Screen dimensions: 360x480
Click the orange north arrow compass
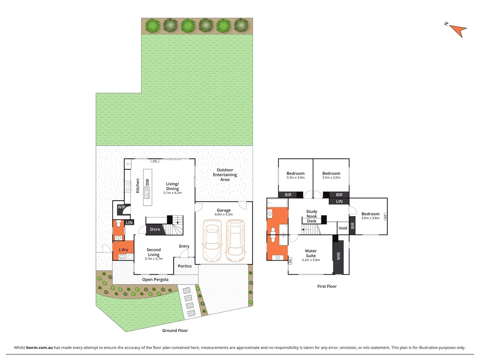coord(459,30)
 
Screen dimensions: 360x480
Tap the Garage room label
coord(224,210)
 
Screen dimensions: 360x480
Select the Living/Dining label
coord(172,186)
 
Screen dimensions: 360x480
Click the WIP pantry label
coord(121,207)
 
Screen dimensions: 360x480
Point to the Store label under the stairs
coord(155,229)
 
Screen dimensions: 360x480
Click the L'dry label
coord(123,250)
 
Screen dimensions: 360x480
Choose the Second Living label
coord(154,252)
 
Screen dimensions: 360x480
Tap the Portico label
coord(185,266)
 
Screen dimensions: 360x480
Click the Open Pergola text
coord(155,279)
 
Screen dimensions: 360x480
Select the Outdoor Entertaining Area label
coord(225,175)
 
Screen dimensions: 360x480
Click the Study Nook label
coord(312,214)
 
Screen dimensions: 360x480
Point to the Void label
coord(343,228)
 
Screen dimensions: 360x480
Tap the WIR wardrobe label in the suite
coord(339,256)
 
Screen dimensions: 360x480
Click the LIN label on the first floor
coord(339,201)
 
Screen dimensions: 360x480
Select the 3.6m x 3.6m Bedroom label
coord(370,214)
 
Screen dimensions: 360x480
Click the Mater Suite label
coord(311,253)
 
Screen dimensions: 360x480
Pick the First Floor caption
coord(327,286)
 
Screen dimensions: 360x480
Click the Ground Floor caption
coord(175,331)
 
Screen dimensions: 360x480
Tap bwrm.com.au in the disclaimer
coord(39,347)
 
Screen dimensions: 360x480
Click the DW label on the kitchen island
coord(147,182)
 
